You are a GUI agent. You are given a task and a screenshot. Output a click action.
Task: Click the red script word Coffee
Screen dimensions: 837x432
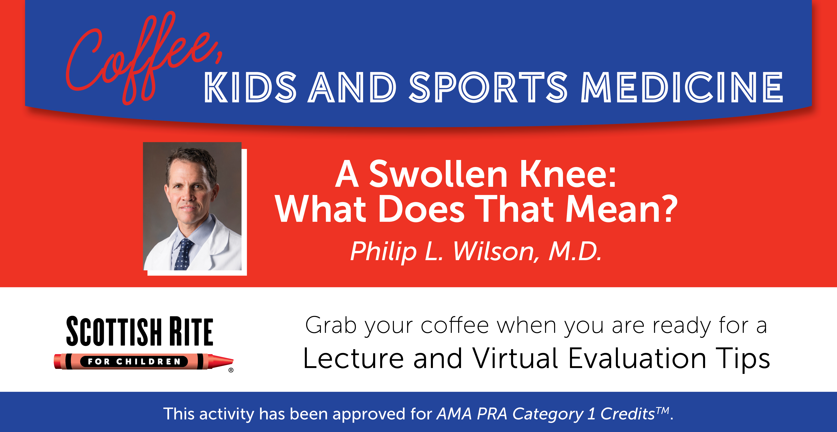(x=143, y=58)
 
